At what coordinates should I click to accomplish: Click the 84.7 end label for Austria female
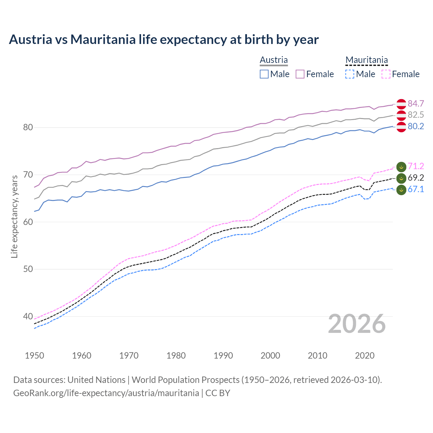coord(416,104)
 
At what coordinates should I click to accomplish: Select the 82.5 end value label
coord(416,115)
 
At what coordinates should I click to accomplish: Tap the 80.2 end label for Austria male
coord(416,127)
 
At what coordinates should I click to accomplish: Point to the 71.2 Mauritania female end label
coord(416,166)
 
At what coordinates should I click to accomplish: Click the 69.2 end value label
coord(416,178)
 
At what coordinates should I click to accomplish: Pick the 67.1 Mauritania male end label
coord(416,189)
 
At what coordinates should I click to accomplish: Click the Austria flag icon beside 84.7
coord(401,104)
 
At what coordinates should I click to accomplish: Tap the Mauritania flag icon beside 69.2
coord(401,178)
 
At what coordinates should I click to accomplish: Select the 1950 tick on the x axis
coord(35,356)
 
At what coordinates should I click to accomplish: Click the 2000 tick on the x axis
coord(270,356)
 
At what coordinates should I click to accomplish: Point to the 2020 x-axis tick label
coord(365,356)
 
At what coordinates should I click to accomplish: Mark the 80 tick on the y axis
coord(28,128)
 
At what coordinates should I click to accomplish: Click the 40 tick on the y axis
coord(28,317)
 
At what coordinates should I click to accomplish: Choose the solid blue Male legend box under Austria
coord(264,74)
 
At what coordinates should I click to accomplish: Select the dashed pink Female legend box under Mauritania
coord(386,74)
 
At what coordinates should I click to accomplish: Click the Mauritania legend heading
coord(366,60)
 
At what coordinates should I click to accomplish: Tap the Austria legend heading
coord(274,60)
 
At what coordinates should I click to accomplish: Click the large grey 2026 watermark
coord(357,324)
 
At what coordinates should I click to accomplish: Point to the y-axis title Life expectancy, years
coord(14,216)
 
